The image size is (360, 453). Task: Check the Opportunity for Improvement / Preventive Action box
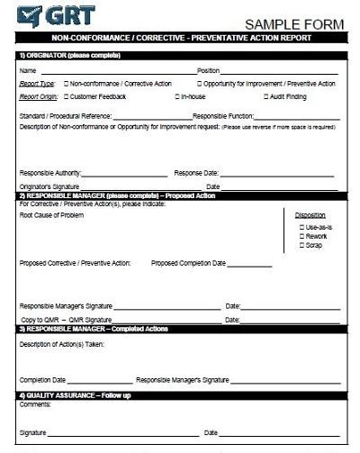click(200, 84)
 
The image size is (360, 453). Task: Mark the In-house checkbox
click(176, 95)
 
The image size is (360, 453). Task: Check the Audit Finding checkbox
click(266, 95)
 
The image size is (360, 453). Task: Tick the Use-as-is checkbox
click(301, 228)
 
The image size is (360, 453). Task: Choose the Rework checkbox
click(301, 236)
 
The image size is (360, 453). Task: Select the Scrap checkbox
click(301, 244)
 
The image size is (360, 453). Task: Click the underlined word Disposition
click(310, 214)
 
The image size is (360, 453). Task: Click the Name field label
click(27, 70)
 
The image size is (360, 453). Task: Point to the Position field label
click(208, 70)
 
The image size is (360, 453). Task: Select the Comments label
click(34, 405)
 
